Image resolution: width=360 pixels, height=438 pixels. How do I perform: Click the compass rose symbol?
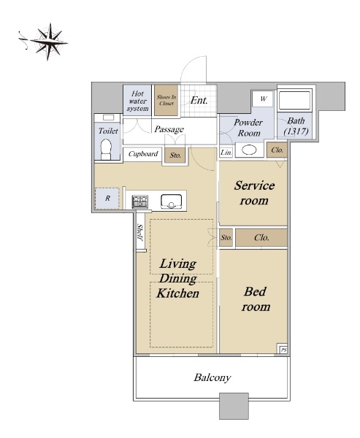49,42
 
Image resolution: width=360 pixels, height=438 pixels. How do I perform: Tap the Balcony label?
212,377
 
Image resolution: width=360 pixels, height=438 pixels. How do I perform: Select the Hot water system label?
137,101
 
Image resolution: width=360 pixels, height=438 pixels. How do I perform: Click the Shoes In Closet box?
166,100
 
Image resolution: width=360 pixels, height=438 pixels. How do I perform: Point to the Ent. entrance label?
199,100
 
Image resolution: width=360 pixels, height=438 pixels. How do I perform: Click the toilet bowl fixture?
106,148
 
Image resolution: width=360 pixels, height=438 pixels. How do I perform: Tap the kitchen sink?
171,201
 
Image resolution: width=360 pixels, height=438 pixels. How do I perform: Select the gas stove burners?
140,201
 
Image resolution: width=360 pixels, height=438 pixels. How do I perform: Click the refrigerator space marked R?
107,199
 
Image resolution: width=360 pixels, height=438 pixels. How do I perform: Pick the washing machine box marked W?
262,99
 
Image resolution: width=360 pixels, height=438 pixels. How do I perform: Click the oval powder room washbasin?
249,150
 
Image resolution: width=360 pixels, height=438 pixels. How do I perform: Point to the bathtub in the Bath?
295,100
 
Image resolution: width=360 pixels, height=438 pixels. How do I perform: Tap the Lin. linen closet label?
226,153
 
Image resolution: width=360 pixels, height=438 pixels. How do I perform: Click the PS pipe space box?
283,349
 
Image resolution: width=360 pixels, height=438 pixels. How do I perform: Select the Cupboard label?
143,154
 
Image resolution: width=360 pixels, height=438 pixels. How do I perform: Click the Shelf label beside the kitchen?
140,232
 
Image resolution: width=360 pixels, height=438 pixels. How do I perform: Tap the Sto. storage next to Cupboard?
175,155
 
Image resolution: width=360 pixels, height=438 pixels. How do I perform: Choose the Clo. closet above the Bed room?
261,238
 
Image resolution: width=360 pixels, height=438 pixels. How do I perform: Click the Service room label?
254,193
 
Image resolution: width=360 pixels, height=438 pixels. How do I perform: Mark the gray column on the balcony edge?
234,406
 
